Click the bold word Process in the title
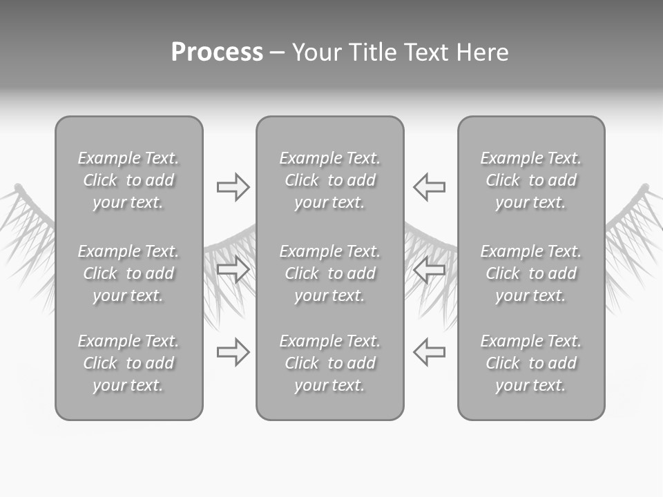click(217, 52)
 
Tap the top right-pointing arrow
click(233, 187)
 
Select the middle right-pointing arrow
click(233, 270)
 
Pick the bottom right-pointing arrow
click(233, 352)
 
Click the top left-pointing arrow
click(430, 187)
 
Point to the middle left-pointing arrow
click(430, 270)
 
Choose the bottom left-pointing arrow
click(430, 352)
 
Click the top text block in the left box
click(128, 180)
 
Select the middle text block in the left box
click(128, 273)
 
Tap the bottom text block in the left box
click(128, 363)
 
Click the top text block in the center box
click(329, 180)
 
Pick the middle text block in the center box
click(329, 273)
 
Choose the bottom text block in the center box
click(329, 363)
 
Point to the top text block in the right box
click(530, 180)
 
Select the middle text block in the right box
click(530, 273)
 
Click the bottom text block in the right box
click(530, 363)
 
